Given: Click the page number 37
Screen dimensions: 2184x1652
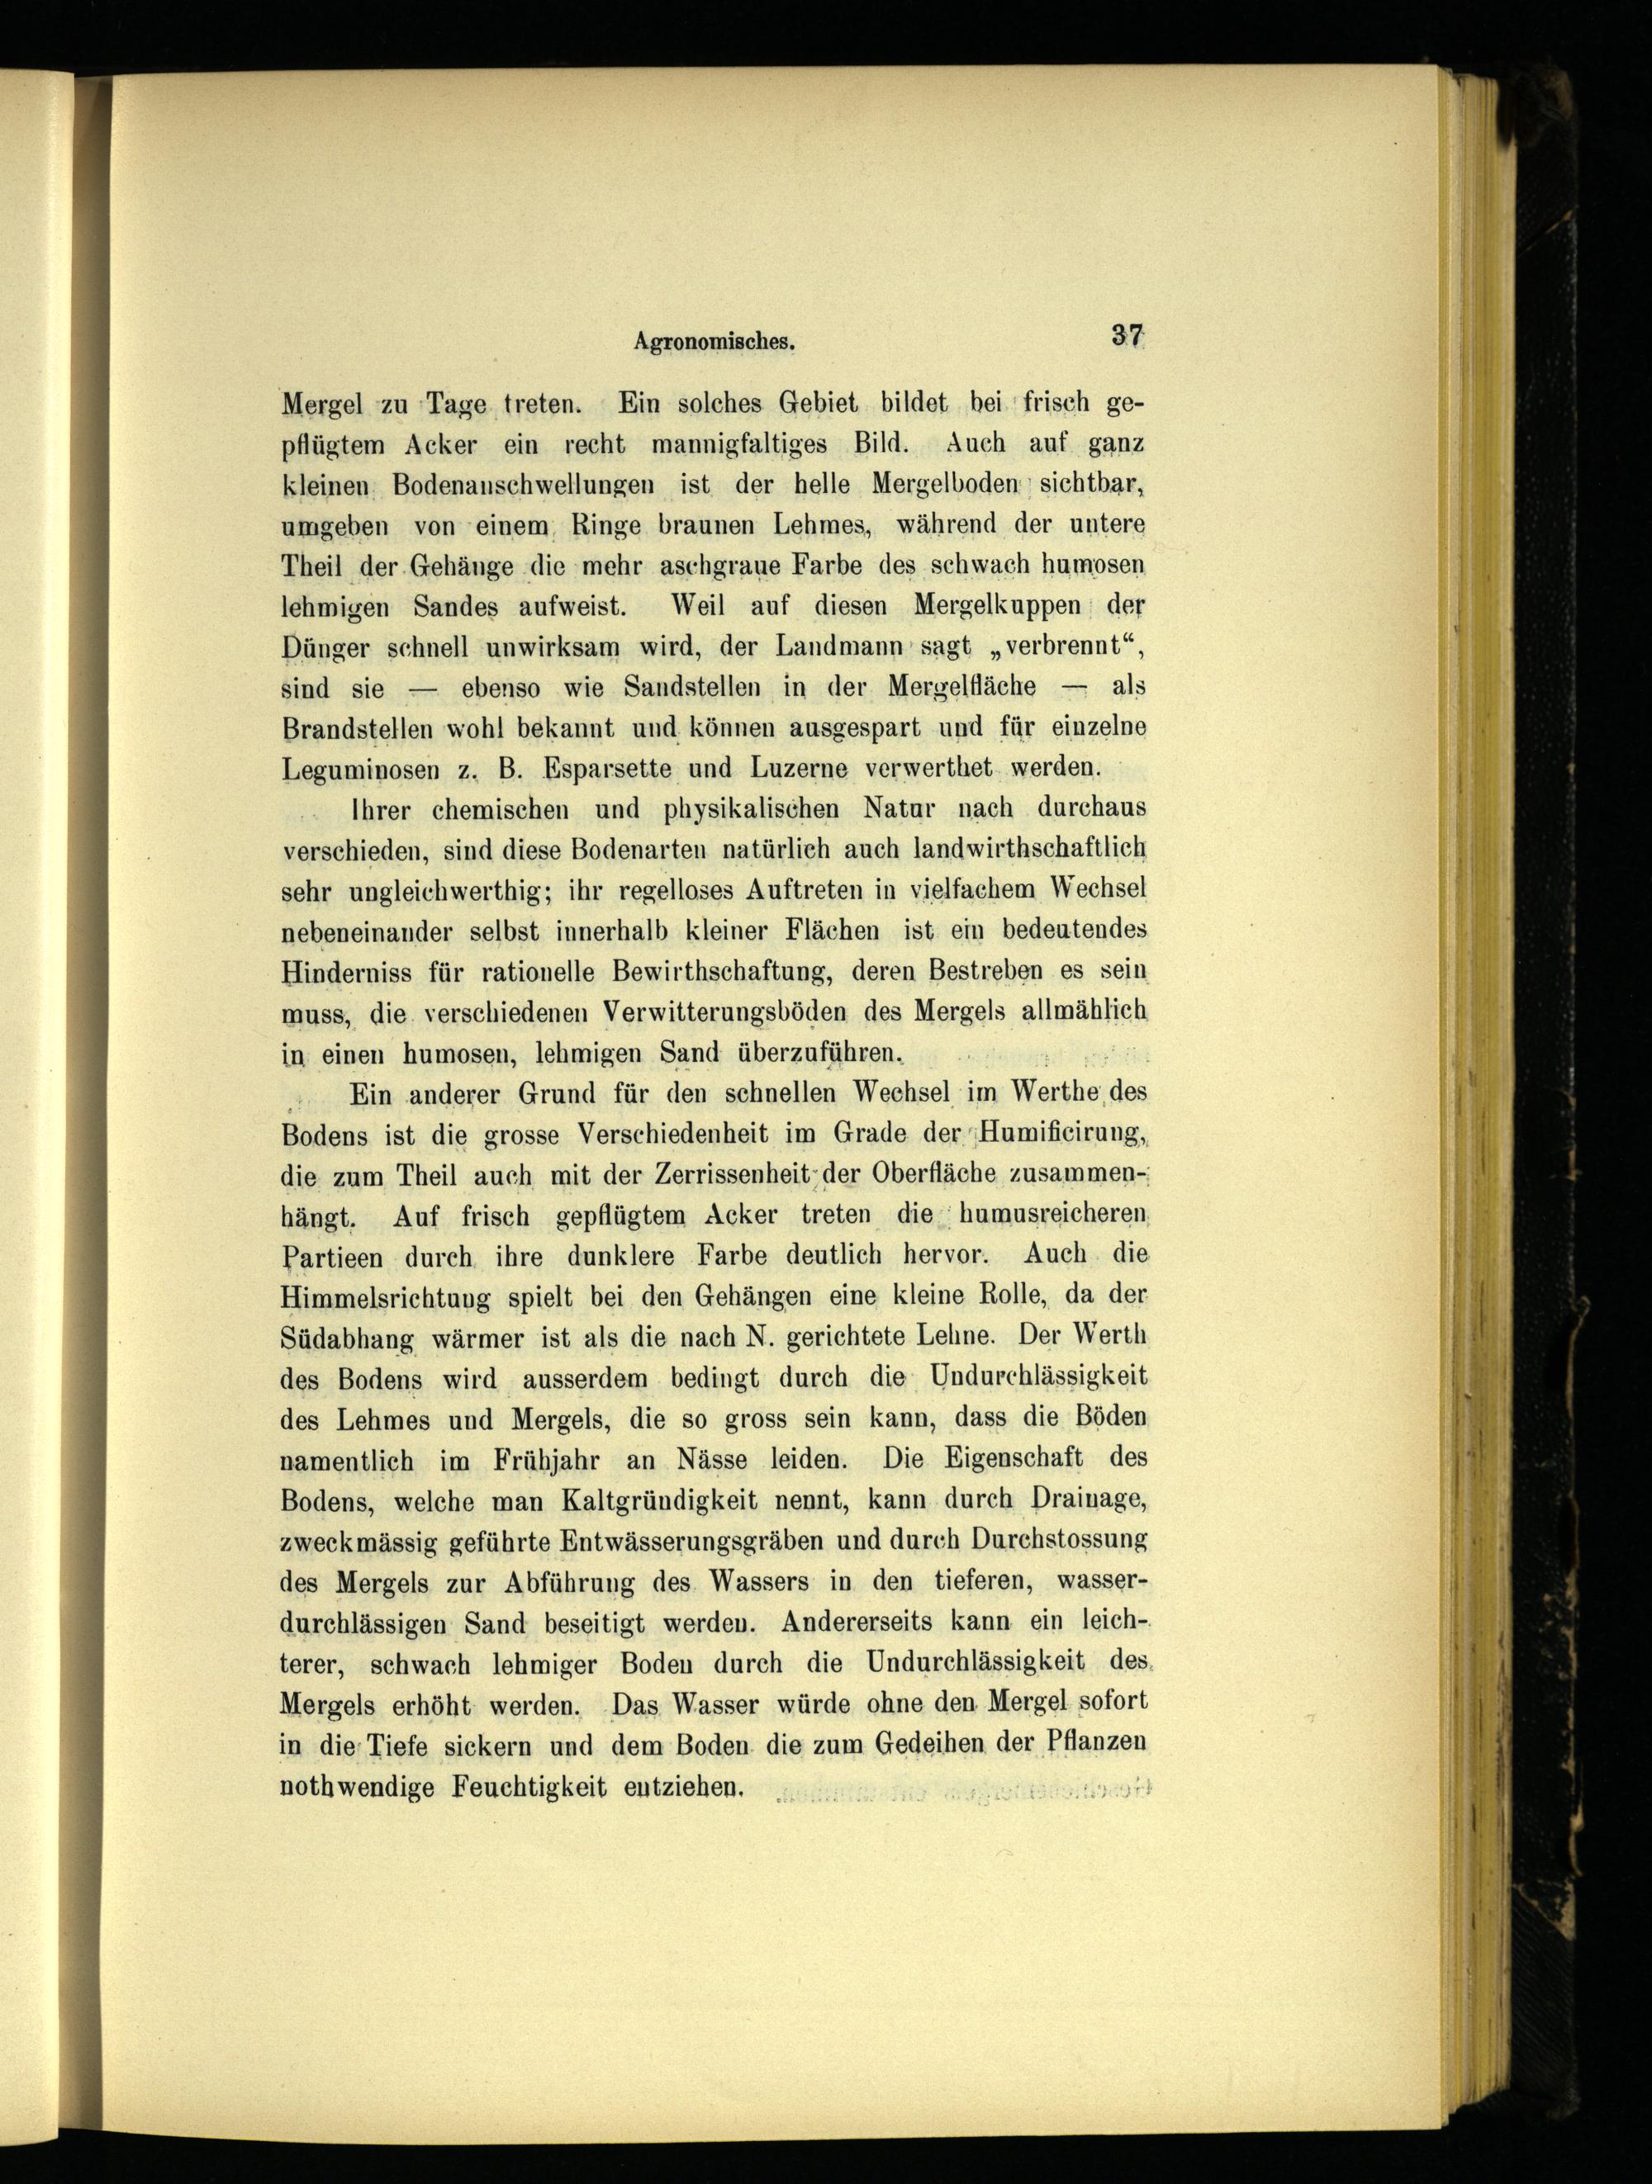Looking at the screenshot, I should coord(1126,336).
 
